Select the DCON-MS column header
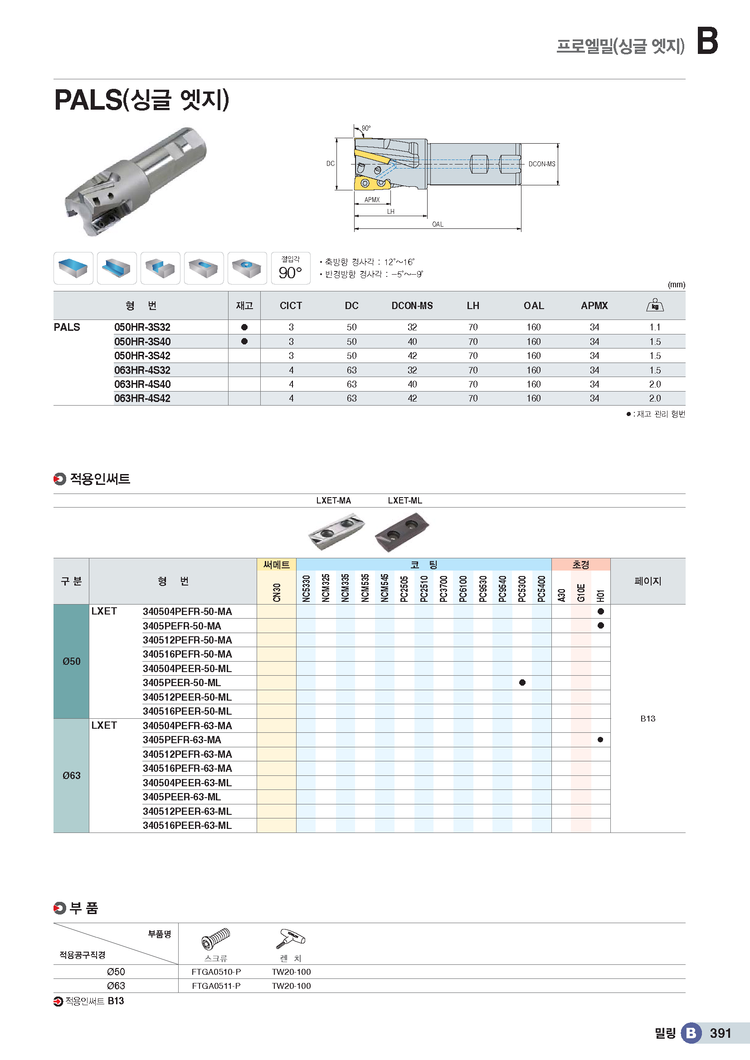coord(412,305)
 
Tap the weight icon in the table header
coord(654,305)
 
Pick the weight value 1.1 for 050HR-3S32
coord(654,327)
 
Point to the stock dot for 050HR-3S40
coord(244,342)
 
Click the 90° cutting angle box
coord(290,268)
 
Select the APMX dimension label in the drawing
coord(372,200)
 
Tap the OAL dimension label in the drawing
coord(437,224)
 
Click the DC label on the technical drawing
coord(330,164)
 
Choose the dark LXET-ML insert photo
coord(401,532)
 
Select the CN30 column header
coord(277,592)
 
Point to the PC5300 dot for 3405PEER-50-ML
coord(522,682)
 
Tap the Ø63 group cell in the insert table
coord(71,775)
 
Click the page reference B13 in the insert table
coord(648,718)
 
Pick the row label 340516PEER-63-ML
coord(187,825)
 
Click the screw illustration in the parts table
coord(216,938)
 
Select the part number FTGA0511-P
coord(216,986)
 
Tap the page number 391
coord(720,1033)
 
